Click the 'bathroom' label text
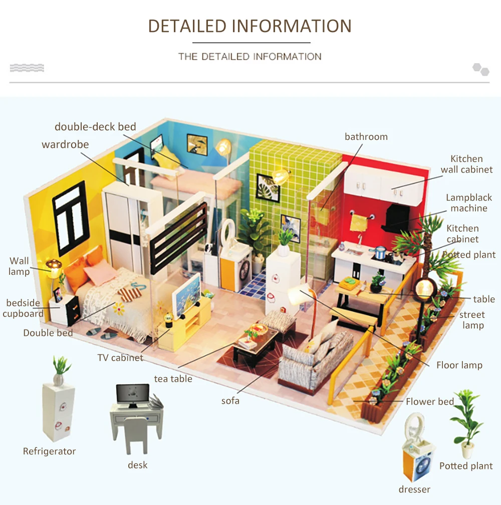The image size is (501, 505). coord(366,136)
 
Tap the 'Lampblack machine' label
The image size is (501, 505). coord(469,203)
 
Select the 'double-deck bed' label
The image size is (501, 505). coord(95,126)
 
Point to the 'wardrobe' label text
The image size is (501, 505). coord(65,144)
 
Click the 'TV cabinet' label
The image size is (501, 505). coord(120,358)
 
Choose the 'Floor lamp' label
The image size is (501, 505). coord(459,365)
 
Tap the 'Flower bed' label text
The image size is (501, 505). coord(429,401)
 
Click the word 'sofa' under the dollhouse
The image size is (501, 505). coord(230,401)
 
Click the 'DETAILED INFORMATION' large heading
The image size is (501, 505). coord(249,26)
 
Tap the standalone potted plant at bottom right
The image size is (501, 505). coord(467,424)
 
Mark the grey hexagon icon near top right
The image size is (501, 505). coord(481,69)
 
